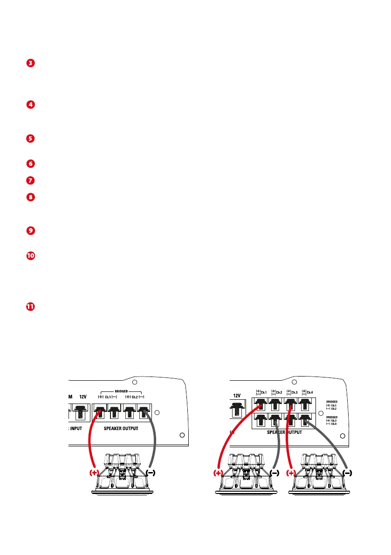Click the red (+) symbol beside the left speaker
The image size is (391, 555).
tap(95, 472)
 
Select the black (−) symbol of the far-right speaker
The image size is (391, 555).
tap(347, 473)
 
